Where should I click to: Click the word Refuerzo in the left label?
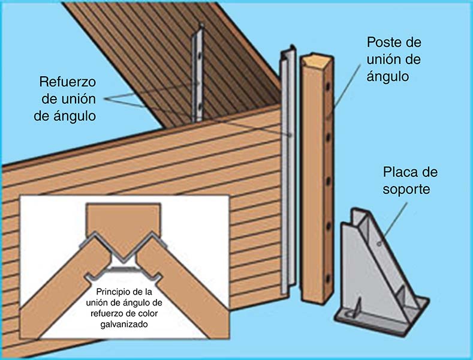[x=68, y=82]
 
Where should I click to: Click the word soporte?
[x=406, y=190]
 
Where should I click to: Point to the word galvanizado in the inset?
[x=124, y=325]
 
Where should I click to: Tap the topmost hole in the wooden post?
[x=328, y=87]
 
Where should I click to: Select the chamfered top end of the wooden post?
[x=317, y=60]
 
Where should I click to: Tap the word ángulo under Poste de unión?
[x=388, y=76]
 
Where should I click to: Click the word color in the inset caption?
[x=149, y=313]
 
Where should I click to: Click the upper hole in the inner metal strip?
[x=199, y=56]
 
